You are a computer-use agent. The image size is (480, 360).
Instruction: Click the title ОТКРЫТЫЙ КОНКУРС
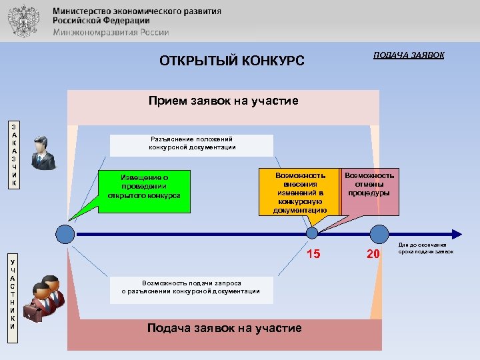point(231,61)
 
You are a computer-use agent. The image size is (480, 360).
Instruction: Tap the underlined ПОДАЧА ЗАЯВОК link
point(409,55)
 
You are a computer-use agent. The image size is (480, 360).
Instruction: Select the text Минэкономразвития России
point(111,32)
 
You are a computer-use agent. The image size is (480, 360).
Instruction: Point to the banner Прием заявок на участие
point(223,101)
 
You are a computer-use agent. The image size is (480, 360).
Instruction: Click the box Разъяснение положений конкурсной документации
point(192,143)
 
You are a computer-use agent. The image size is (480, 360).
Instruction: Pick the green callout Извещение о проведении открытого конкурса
point(144,188)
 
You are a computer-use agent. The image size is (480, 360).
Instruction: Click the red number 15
point(313,253)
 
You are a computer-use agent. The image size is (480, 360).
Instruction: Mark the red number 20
point(373,253)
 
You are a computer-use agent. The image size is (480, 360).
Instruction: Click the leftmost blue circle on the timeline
point(65,234)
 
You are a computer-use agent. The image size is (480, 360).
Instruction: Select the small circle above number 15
point(312,233)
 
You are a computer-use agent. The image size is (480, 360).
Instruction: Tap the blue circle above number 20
point(379,233)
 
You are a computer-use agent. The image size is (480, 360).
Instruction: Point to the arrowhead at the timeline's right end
point(456,234)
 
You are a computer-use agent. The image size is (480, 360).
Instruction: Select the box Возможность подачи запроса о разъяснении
point(191,287)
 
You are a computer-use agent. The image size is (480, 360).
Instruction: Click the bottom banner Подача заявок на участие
point(223,328)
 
